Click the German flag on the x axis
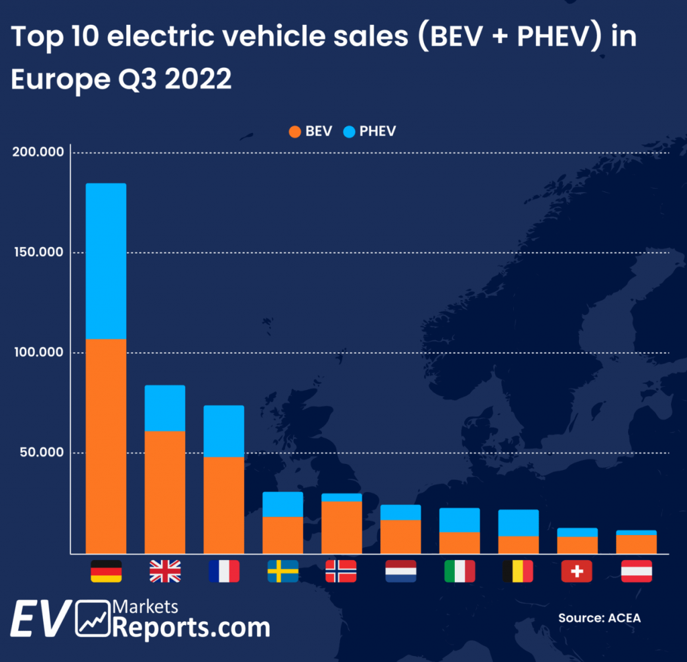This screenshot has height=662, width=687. click(x=106, y=571)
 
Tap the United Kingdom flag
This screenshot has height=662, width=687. click(x=165, y=571)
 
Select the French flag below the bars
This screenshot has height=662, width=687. click(x=223, y=571)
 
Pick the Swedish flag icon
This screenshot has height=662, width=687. click(x=282, y=571)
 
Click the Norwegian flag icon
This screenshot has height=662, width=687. click(x=341, y=571)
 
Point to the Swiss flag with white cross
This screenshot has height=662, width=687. click(x=576, y=571)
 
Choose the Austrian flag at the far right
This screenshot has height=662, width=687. click(x=636, y=571)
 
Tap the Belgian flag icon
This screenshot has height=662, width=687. click(x=517, y=571)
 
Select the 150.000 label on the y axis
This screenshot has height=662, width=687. click(x=38, y=252)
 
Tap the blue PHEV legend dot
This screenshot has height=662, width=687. click(x=349, y=132)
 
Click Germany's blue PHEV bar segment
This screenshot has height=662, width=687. click(x=106, y=261)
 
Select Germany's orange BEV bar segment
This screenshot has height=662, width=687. click(x=106, y=446)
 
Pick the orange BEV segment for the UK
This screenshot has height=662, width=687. click(x=165, y=491)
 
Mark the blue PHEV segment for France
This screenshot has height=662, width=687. click(x=223, y=431)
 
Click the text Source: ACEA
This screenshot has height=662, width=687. click(x=599, y=618)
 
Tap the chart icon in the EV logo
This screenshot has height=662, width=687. click(x=93, y=619)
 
